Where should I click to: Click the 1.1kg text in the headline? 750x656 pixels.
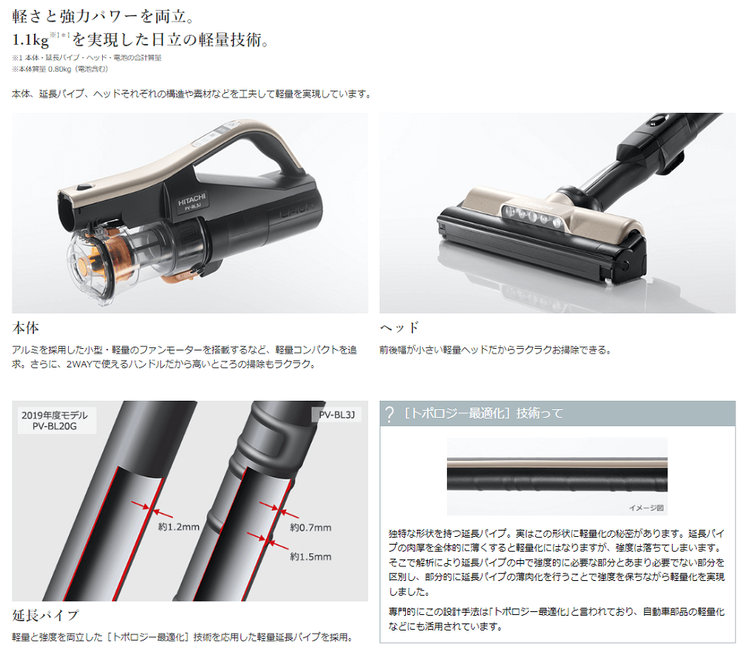pyautogui.click(x=30, y=40)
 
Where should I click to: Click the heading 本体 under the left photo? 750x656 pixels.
pyautogui.click(x=26, y=328)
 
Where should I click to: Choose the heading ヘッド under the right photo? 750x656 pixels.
pyautogui.click(x=400, y=328)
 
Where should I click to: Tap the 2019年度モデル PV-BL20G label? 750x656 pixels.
pyautogui.click(x=55, y=421)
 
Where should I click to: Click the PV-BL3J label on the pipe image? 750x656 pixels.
pyautogui.click(x=337, y=415)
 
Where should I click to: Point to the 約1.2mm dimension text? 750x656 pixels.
pyautogui.click(x=179, y=527)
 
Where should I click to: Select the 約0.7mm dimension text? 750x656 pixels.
pyautogui.click(x=310, y=528)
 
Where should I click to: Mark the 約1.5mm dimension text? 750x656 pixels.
pyautogui.click(x=310, y=556)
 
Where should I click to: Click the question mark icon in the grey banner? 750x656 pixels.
pyautogui.click(x=390, y=414)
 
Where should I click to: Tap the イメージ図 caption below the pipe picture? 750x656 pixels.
pyautogui.click(x=646, y=507)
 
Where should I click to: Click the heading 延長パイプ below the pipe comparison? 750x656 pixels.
pyautogui.click(x=45, y=615)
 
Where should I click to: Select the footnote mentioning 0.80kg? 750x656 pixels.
pyautogui.click(x=60, y=69)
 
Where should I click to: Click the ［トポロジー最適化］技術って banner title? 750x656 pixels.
pyautogui.click(x=483, y=413)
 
